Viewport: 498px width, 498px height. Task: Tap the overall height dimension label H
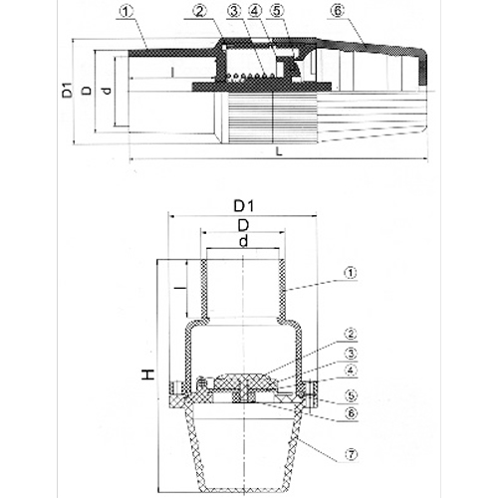(x=147, y=376)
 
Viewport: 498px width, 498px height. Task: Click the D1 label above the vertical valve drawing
(x=243, y=205)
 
